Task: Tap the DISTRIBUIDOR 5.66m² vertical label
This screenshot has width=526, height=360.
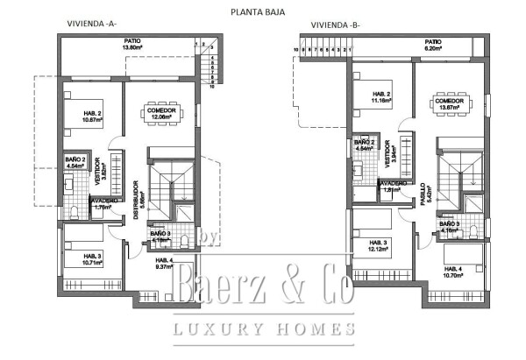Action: [136, 201]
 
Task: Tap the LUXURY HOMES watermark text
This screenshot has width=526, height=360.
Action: [264, 329]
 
